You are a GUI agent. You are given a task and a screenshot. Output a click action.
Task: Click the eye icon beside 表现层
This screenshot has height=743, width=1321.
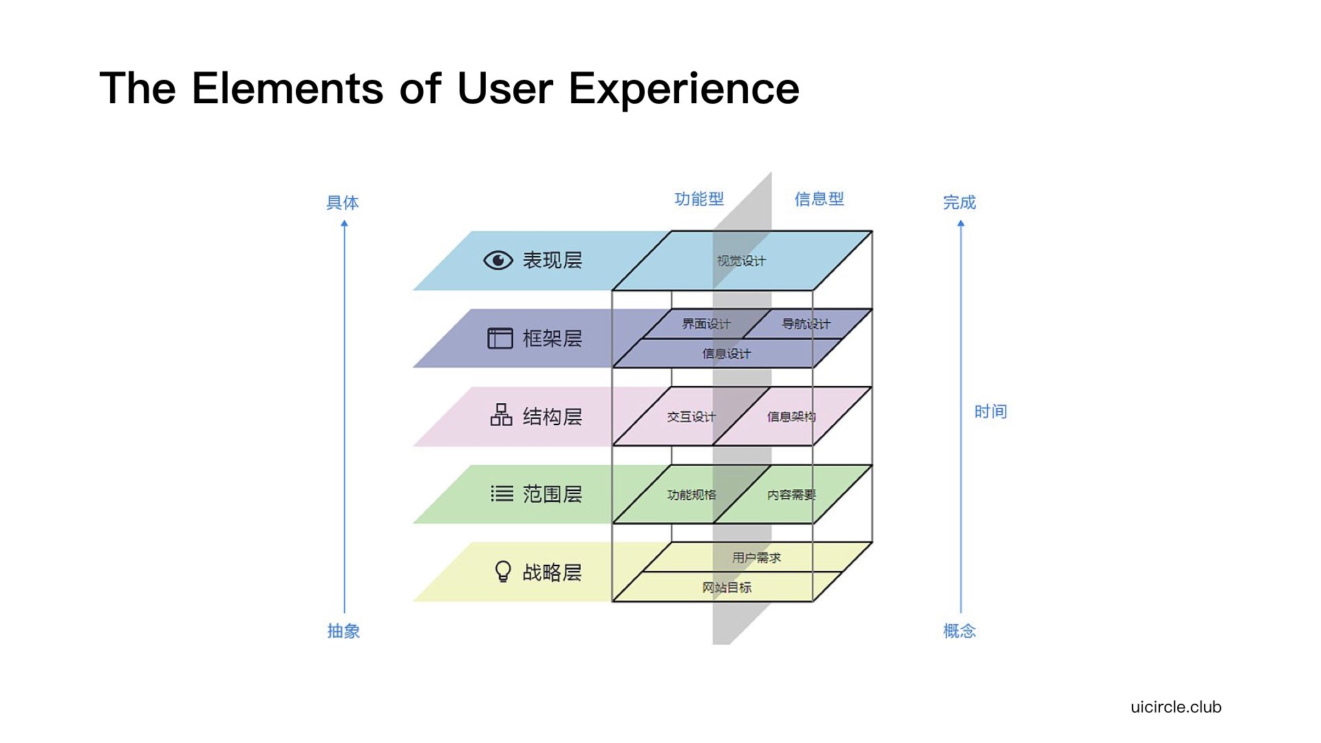point(498,260)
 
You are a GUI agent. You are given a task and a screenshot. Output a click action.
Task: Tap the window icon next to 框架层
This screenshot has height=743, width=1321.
point(500,338)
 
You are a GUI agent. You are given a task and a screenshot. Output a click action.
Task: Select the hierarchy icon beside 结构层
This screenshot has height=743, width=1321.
point(501,415)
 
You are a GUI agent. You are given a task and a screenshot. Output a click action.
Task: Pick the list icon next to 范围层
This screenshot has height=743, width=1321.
point(502,493)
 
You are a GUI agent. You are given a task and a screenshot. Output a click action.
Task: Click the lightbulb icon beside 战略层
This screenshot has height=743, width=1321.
point(503,572)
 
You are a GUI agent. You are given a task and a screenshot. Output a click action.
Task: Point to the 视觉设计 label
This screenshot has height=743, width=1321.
point(741,261)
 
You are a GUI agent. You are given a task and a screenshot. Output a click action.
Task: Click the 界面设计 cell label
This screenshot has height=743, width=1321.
point(706,323)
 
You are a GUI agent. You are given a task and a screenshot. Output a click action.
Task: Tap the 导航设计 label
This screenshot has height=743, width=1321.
point(806,323)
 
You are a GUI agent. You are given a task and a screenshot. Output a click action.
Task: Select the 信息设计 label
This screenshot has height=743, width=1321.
point(727,354)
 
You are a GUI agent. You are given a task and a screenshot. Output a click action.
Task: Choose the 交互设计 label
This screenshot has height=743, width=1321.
point(691,417)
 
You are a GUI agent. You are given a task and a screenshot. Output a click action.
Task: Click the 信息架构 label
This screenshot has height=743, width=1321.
point(791,417)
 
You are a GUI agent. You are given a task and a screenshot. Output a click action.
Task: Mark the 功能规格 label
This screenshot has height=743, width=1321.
point(691,495)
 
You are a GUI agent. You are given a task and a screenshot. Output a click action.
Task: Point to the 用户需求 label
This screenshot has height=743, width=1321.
point(756,558)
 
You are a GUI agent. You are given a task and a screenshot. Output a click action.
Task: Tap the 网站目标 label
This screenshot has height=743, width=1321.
point(727,588)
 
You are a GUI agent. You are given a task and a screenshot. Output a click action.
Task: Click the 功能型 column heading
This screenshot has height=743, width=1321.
point(699,199)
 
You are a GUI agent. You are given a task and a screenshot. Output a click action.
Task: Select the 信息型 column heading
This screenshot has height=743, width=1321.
point(819,199)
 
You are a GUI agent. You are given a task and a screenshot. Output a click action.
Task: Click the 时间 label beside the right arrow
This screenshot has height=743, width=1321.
point(990,411)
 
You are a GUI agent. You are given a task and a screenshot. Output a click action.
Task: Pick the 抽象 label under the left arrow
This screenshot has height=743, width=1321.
point(343,631)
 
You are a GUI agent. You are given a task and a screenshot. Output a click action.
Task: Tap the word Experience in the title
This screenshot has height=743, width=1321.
point(684,89)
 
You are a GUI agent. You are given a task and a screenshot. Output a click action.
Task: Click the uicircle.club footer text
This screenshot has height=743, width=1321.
point(1176,707)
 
